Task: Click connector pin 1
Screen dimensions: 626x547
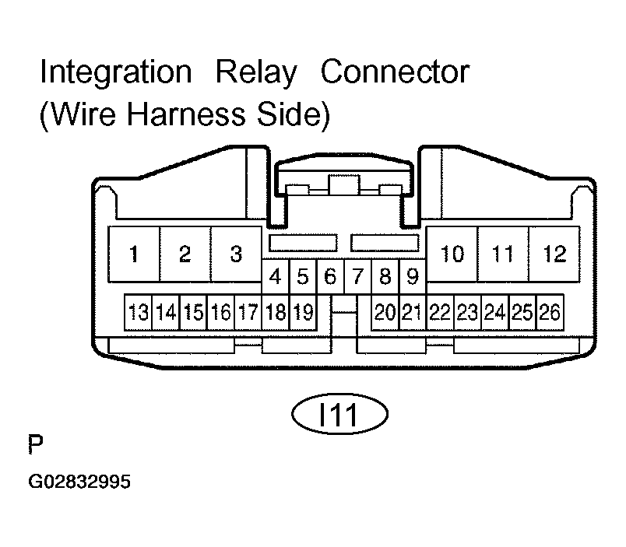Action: coord(134,254)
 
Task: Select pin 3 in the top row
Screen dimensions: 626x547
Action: coord(236,254)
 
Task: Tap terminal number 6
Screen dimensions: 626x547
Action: coord(330,276)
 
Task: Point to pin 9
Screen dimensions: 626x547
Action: coord(413,276)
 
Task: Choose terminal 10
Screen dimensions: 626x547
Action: coord(452,254)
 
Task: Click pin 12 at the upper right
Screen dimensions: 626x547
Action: coord(554,254)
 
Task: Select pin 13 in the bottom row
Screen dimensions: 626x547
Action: coord(138,312)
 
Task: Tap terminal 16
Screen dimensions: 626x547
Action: coord(221,312)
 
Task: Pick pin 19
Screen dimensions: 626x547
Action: coord(303,312)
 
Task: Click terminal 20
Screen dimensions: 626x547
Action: coord(385,312)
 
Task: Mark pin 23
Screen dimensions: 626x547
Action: coord(467,312)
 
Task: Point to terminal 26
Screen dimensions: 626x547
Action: coord(550,312)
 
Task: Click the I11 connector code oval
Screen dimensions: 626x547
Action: coord(339,414)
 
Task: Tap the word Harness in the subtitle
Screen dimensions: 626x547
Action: coord(185,114)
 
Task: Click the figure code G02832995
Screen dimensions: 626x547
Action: coord(79,482)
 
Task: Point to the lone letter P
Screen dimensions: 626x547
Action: coord(36,444)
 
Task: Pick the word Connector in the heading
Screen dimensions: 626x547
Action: coord(396,72)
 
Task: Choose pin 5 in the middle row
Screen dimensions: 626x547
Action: coord(303,276)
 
